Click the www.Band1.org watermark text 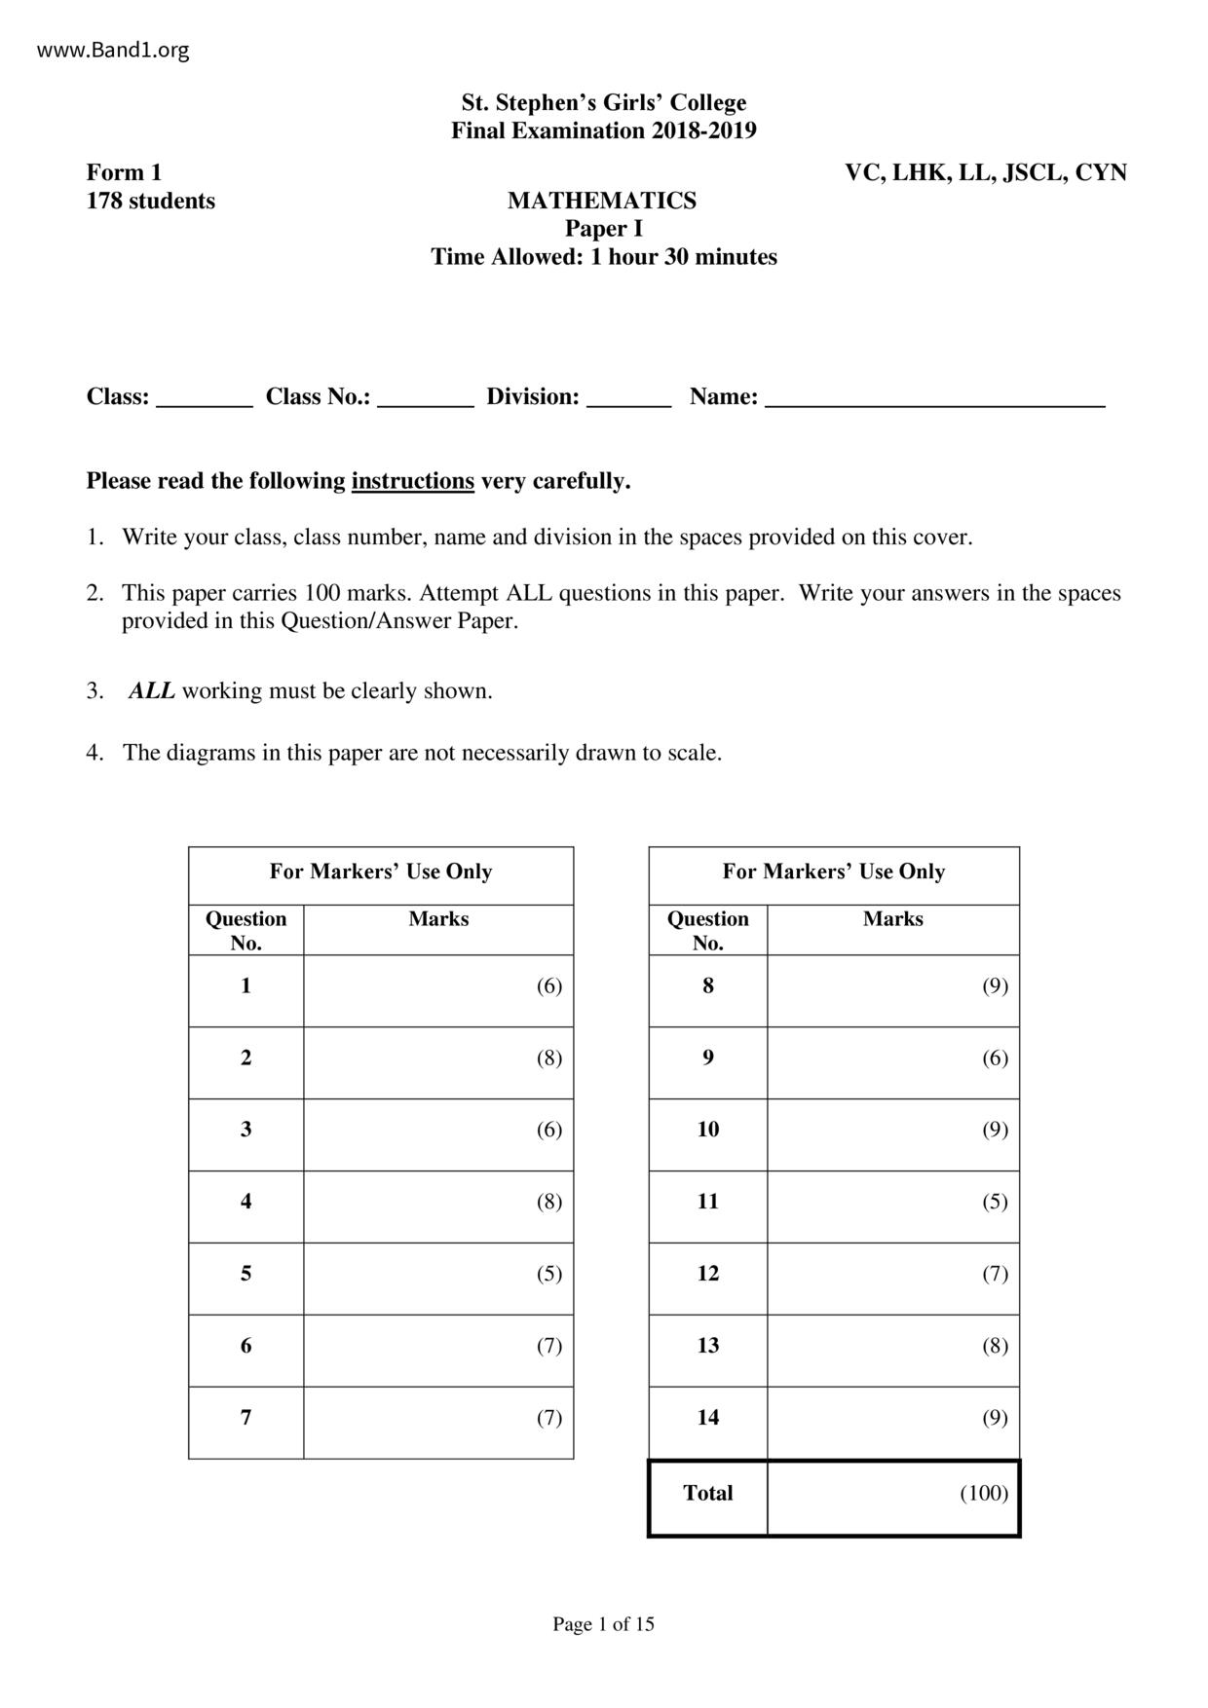tap(113, 50)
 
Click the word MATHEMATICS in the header tap(602, 201)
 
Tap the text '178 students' tap(151, 201)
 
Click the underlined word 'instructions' tap(413, 481)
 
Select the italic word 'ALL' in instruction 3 tap(152, 691)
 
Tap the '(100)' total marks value tap(984, 1493)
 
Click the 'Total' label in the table tap(708, 1493)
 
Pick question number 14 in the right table tap(708, 1417)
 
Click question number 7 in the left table tap(245, 1417)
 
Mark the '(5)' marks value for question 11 tap(995, 1202)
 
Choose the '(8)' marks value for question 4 tap(549, 1202)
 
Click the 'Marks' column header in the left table tap(438, 918)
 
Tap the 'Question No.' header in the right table tap(708, 930)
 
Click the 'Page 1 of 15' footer tap(604, 1623)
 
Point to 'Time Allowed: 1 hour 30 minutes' tap(604, 257)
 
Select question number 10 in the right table tap(708, 1130)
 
